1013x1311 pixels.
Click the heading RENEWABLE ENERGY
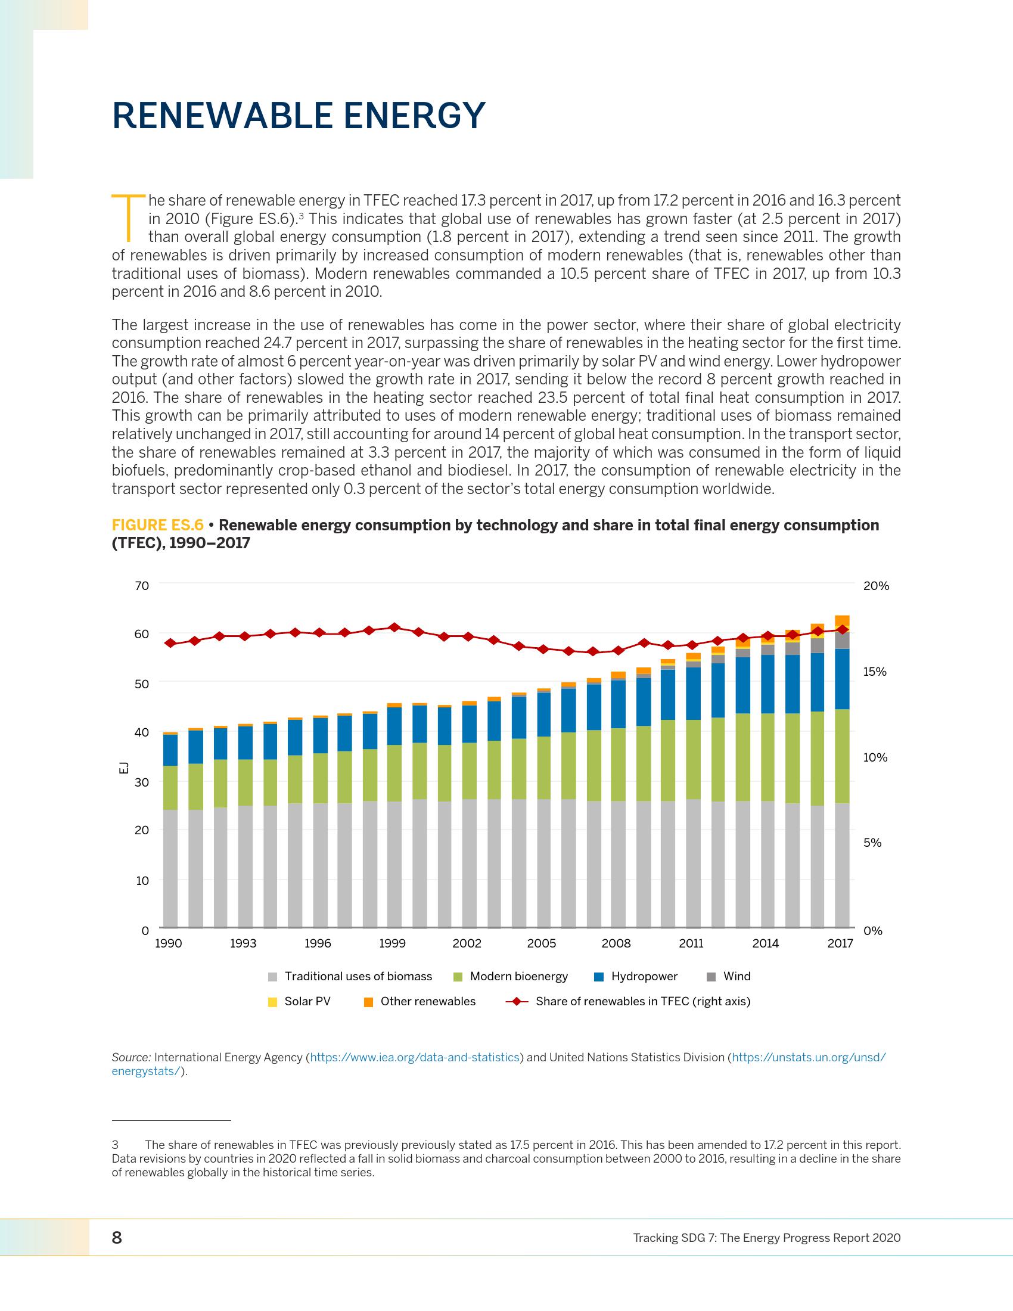(x=299, y=115)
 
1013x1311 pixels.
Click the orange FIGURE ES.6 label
(x=157, y=525)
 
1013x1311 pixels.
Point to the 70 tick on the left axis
(x=142, y=585)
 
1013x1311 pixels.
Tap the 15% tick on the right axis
(x=874, y=672)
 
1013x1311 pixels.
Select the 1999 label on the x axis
(x=392, y=943)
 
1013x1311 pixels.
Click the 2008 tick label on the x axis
(x=616, y=943)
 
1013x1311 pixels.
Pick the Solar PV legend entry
(x=307, y=1001)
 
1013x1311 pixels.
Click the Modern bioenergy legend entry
(x=518, y=976)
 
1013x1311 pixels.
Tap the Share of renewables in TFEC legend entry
(x=642, y=1001)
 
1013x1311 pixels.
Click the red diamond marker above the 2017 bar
(x=842, y=629)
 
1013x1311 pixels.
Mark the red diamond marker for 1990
(x=170, y=643)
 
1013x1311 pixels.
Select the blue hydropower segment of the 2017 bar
(x=842, y=679)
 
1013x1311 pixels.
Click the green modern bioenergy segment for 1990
(x=170, y=788)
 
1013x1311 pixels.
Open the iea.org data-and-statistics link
(x=414, y=1057)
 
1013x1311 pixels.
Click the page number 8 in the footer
(x=117, y=1237)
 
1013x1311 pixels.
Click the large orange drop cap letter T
(x=128, y=216)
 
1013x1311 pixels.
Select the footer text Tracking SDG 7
(x=766, y=1238)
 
